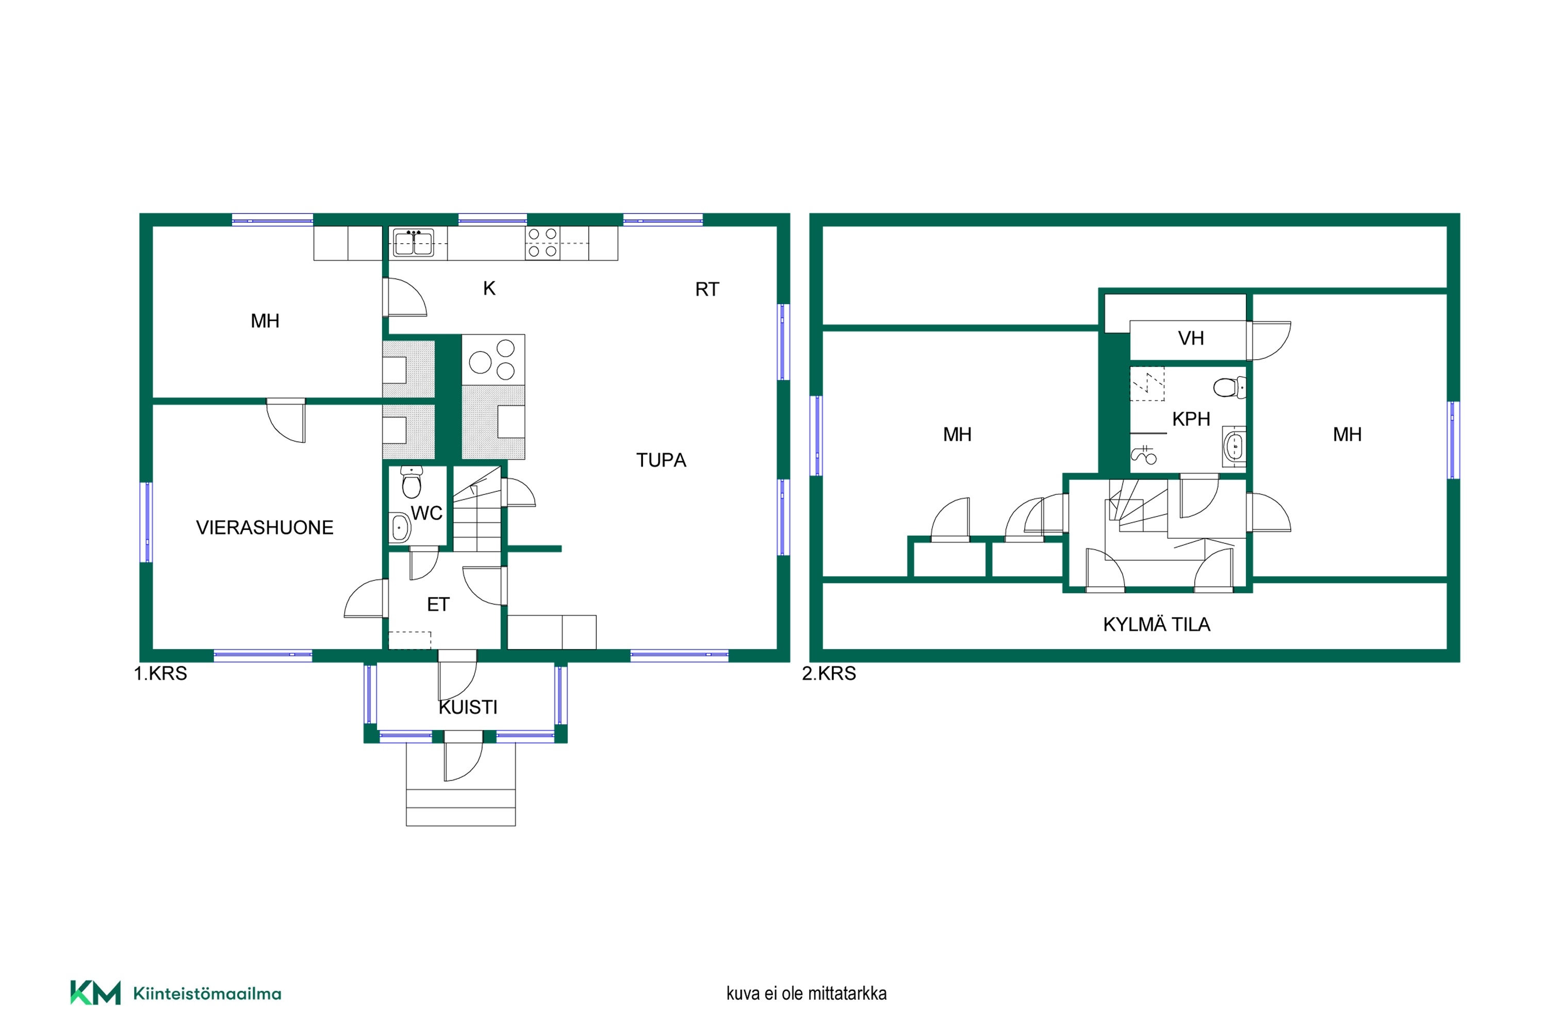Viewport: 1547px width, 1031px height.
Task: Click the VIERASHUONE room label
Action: (265, 527)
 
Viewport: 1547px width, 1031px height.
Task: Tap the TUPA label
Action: (661, 460)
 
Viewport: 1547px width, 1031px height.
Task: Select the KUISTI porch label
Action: (468, 707)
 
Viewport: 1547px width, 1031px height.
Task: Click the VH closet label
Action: (1191, 338)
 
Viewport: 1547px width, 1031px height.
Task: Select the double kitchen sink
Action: (413, 243)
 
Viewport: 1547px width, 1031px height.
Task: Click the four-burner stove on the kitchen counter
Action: (542, 243)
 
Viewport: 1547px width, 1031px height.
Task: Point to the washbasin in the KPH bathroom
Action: (1234, 446)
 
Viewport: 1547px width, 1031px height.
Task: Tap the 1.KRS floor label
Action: (160, 673)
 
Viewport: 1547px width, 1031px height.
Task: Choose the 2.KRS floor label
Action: (829, 673)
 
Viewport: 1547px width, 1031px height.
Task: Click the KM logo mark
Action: (95, 993)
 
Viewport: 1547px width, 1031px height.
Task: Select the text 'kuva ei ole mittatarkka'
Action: (807, 993)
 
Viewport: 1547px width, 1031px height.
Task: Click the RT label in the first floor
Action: (707, 289)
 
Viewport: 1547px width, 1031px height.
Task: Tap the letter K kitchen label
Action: (489, 288)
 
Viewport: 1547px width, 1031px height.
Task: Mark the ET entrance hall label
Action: (438, 604)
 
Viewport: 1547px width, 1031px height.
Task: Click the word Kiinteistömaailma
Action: (207, 993)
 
